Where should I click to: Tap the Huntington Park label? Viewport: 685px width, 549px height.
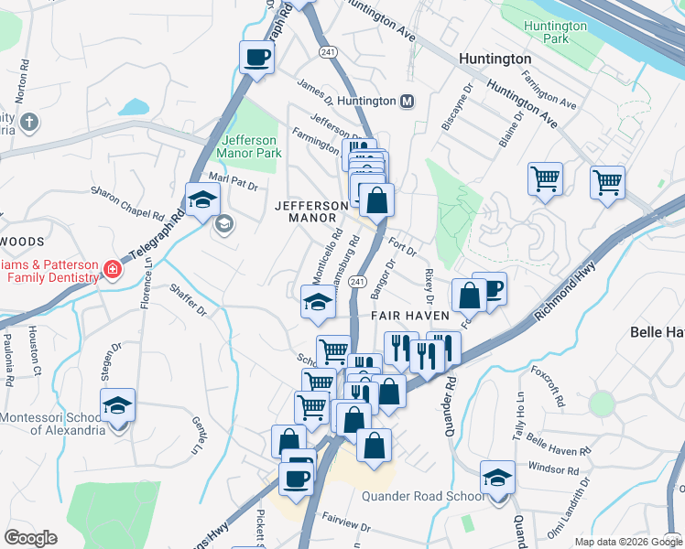tap(555, 32)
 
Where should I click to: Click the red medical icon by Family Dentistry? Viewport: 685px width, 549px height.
tap(112, 269)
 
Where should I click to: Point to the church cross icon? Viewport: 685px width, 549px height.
tap(29, 121)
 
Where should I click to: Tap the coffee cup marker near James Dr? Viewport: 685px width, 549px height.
tap(256, 58)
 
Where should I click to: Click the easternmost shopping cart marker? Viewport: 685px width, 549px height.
tap(607, 183)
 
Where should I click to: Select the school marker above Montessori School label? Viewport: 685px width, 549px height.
tap(118, 405)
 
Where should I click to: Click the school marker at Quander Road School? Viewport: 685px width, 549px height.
tap(497, 478)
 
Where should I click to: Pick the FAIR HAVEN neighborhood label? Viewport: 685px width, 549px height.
tap(409, 316)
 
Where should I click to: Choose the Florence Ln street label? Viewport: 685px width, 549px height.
tap(147, 284)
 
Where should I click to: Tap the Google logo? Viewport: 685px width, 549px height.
tap(30, 538)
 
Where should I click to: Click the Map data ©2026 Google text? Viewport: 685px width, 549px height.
tap(628, 542)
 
